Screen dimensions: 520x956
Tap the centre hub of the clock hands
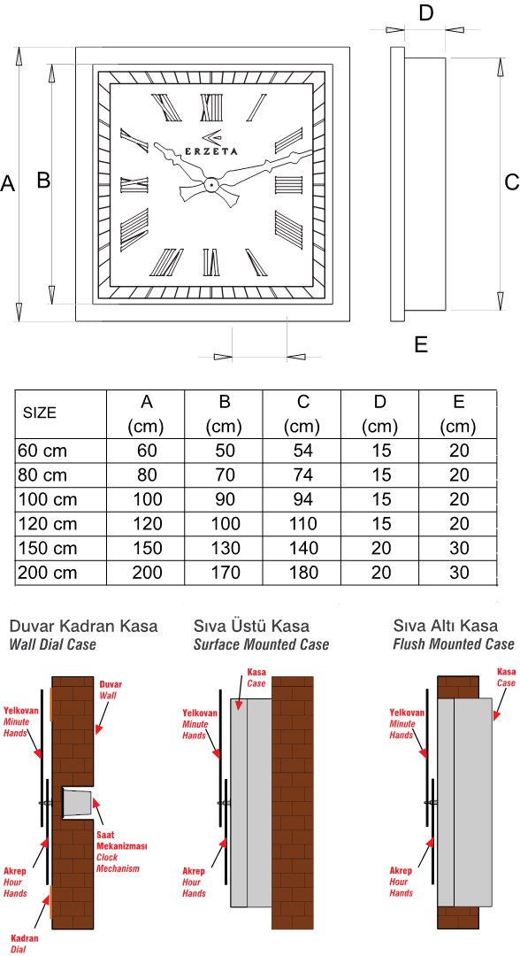click(210, 183)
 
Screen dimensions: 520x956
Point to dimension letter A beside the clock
click(7, 183)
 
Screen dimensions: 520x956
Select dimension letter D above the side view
click(425, 12)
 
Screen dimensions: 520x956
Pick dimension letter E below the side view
click(421, 344)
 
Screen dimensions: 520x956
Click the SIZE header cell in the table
click(40, 412)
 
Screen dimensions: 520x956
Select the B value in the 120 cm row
click(226, 523)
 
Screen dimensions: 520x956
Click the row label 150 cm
click(48, 548)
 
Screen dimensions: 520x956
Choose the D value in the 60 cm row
click(381, 451)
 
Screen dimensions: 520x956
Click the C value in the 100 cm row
click(303, 499)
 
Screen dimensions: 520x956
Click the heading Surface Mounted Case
click(261, 644)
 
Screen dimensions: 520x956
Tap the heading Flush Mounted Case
click(454, 644)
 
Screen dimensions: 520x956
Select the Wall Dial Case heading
click(53, 644)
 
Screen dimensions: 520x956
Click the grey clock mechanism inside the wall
click(77, 802)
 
